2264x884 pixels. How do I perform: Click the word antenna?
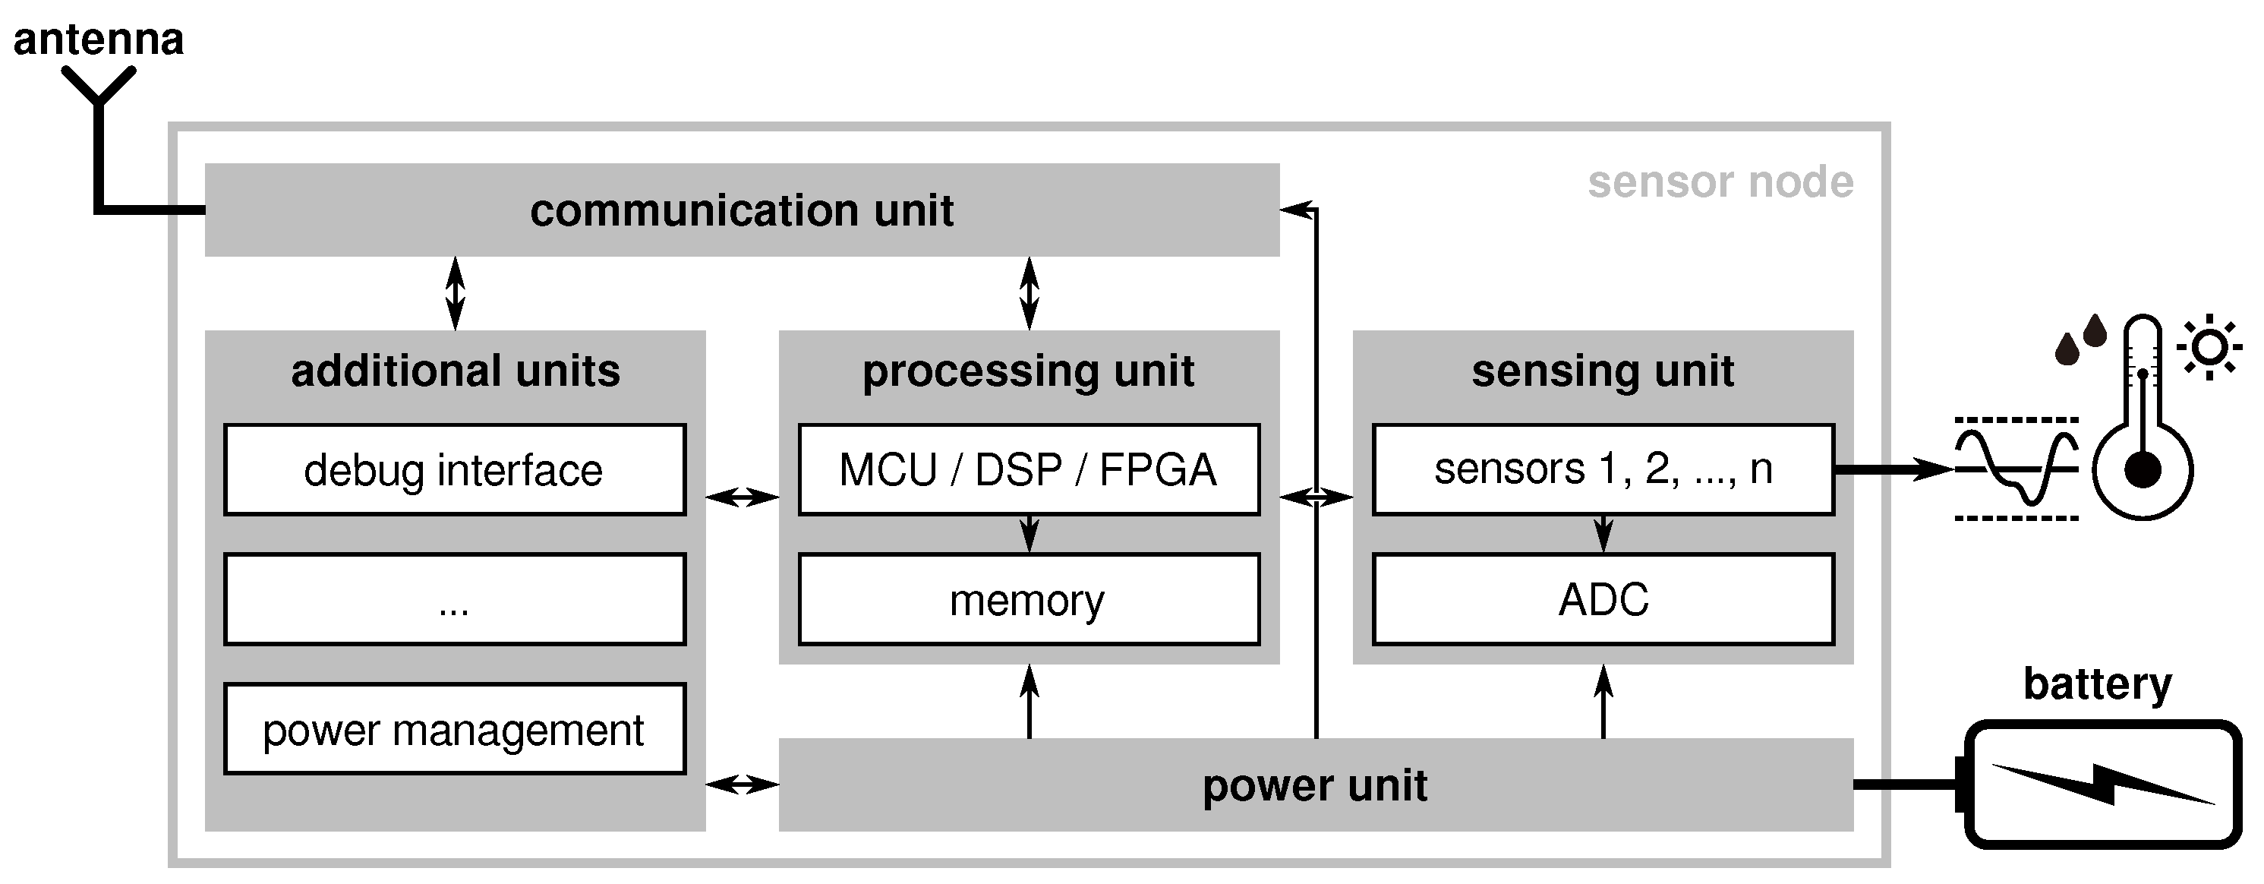pos(99,39)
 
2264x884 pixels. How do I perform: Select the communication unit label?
pos(741,211)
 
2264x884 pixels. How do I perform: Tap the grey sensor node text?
pos(1720,183)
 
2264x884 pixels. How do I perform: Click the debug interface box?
pos(454,470)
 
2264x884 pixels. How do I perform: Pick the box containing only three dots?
pos(454,600)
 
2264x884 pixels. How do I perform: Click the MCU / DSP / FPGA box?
pos(1028,470)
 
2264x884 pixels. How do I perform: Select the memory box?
pos(1028,600)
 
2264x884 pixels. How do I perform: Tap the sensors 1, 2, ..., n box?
pos(1602,470)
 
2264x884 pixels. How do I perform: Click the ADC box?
pos(1602,600)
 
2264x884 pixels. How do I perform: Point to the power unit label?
pos(1314,785)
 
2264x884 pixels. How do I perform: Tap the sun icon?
pos(2209,347)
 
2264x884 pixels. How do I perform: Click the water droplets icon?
pos(2080,340)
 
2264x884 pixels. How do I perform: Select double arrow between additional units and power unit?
pos(742,784)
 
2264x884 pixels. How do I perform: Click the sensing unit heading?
pos(1602,371)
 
